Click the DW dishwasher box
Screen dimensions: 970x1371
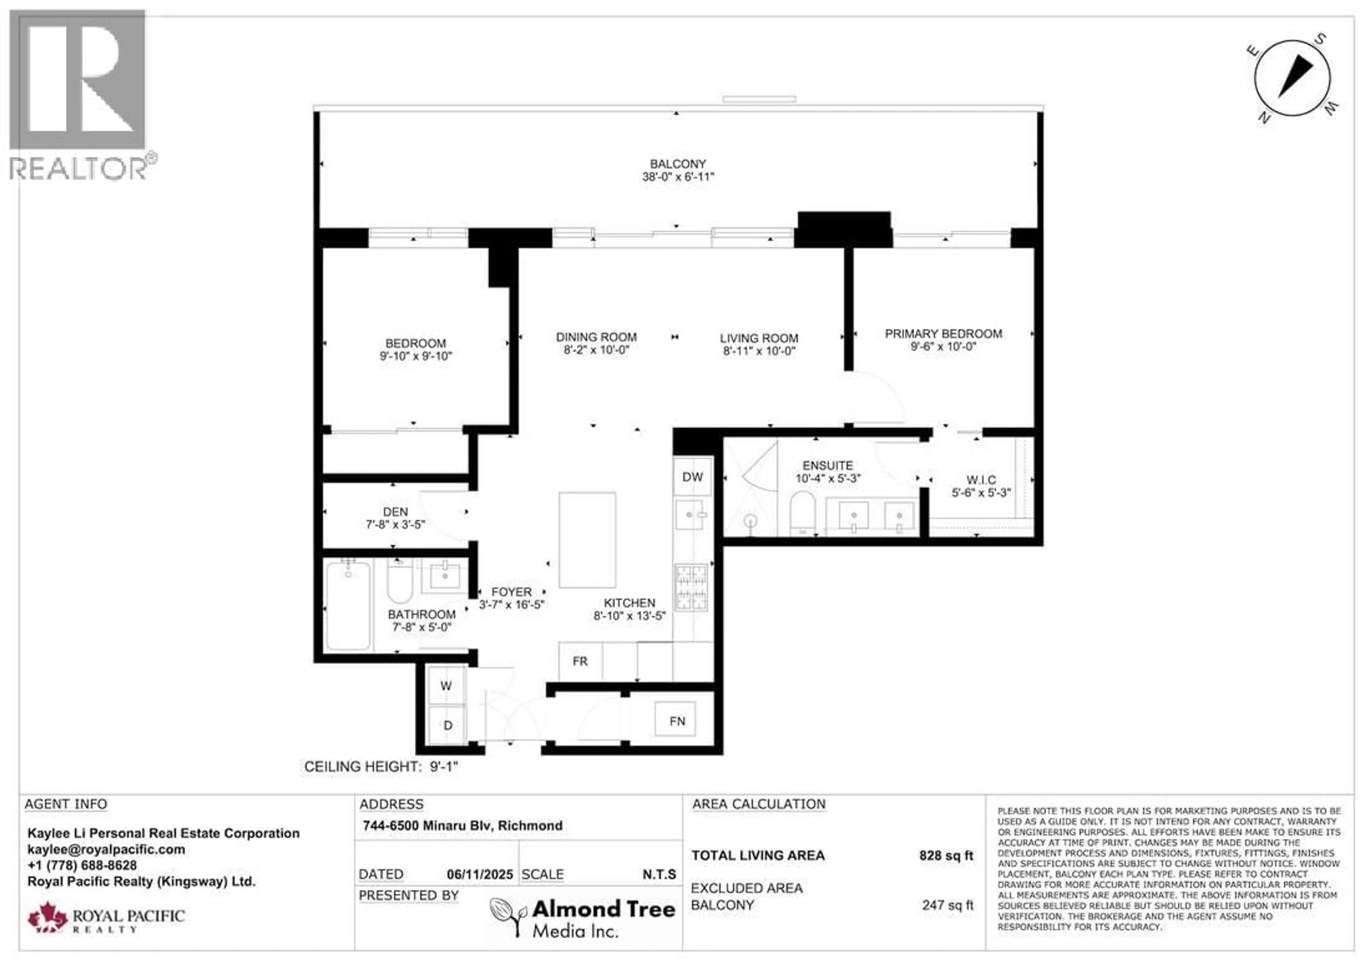[x=693, y=477]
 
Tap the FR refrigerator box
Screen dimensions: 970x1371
[x=580, y=661]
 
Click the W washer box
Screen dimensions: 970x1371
[x=446, y=686]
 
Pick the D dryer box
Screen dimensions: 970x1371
[x=447, y=725]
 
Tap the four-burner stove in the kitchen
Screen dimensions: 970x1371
[x=692, y=588]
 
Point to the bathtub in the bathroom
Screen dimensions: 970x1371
[x=348, y=606]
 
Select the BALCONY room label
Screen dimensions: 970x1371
[x=678, y=164]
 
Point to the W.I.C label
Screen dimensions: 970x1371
[x=981, y=480]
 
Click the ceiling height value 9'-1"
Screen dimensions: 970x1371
[x=444, y=766]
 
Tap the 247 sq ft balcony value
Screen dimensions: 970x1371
[x=947, y=905]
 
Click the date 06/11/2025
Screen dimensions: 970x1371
[x=479, y=874]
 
